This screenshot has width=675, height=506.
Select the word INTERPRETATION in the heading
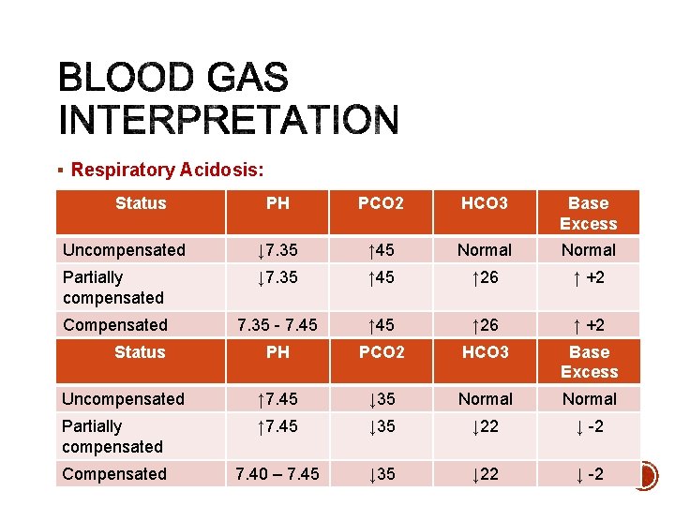(229, 121)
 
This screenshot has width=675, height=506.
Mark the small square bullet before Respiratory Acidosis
(60, 171)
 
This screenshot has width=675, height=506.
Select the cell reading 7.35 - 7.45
(277, 325)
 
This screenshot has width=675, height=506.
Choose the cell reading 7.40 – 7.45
(277, 474)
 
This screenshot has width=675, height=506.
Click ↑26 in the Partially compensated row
(484, 277)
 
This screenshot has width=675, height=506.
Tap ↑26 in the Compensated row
(484, 325)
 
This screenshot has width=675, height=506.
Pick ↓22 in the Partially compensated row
(484, 426)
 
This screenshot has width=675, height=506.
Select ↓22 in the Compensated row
(484, 474)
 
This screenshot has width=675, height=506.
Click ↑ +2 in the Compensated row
(589, 325)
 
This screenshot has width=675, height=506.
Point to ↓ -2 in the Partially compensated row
(589, 426)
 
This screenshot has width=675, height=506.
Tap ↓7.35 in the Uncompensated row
(277, 250)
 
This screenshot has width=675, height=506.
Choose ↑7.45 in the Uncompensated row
(277, 399)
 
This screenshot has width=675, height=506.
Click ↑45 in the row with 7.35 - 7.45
(381, 325)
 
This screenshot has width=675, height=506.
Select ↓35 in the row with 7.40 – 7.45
(381, 474)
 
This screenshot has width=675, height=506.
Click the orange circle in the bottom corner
(645, 476)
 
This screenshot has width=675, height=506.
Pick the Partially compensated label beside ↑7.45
(112, 437)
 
